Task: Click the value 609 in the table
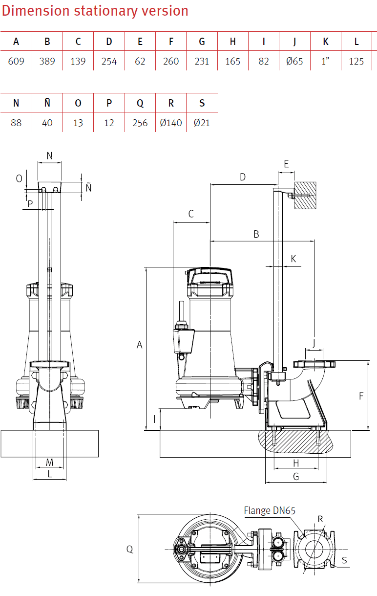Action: tap(16, 62)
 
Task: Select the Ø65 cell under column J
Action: tap(294, 62)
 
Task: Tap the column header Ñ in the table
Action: tap(47, 103)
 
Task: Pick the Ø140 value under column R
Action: tap(171, 123)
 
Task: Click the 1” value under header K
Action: tap(326, 62)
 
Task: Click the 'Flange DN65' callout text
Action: tap(270, 511)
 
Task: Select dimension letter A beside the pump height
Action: tap(139, 345)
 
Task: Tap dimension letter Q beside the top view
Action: tap(130, 549)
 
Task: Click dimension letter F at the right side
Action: tap(361, 396)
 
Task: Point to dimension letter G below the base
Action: tap(296, 477)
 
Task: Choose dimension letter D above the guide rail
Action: tap(243, 177)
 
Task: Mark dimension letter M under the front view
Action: tap(49, 463)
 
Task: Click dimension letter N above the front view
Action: tap(49, 156)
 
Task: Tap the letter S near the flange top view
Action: tap(344, 561)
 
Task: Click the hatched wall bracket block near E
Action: tap(305, 196)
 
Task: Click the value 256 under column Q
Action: tap(140, 123)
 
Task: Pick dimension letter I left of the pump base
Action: tap(154, 419)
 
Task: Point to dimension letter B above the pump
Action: tap(256, 235)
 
